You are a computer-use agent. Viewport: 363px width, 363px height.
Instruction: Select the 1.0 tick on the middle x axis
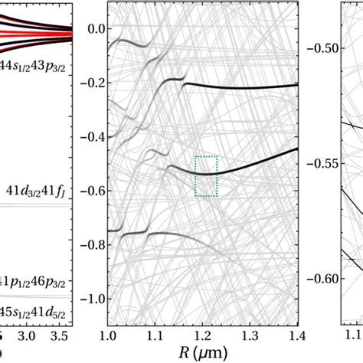(108, 336)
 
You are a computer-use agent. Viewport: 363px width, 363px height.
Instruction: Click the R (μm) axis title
(203, 354)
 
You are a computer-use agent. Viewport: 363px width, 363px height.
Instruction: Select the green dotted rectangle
(206, 176)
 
